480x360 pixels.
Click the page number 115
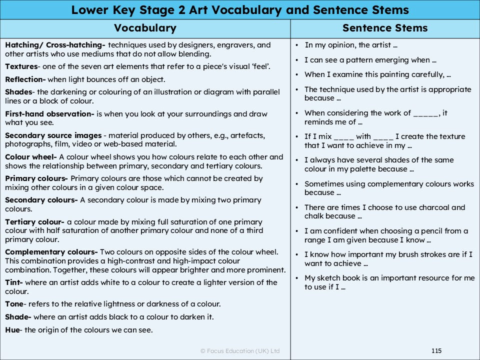tap(436, 351)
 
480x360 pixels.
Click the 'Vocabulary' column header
tap(145, 28)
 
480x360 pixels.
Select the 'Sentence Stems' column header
tap(384, 28)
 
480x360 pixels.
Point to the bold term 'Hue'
tap(12, 329)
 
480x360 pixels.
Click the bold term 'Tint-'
tap(14, 282)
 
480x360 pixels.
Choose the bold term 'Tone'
tap(14, 304)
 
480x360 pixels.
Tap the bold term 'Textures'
tap(21, 66)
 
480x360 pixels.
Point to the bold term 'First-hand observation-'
tap(49, 114)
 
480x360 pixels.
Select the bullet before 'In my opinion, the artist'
tap(297, 45)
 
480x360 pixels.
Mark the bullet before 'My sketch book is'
tap(297, 278)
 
